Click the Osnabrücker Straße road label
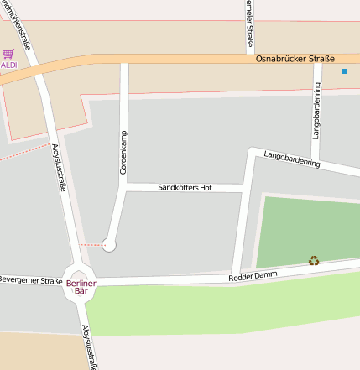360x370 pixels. click(295, 59)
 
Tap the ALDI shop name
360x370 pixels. click(8, 65)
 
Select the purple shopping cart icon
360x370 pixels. click(8, 54)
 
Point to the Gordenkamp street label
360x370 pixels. click(123, 153)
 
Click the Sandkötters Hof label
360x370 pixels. click(185, 188)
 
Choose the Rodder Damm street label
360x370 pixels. click(251, 276)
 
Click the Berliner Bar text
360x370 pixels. click(81, 287)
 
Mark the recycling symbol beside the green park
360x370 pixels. click(314, 261)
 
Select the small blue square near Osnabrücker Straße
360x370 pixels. click(343, 71)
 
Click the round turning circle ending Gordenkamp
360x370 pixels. click(109, 245)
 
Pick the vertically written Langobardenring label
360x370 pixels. click(317, 116)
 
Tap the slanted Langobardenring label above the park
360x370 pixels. click(292, 159)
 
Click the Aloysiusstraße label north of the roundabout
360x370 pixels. click(59, 169)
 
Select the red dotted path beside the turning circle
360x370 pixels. click(91, 245)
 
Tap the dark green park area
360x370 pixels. click(306, 231)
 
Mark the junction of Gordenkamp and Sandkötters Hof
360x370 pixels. click(125, 189)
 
